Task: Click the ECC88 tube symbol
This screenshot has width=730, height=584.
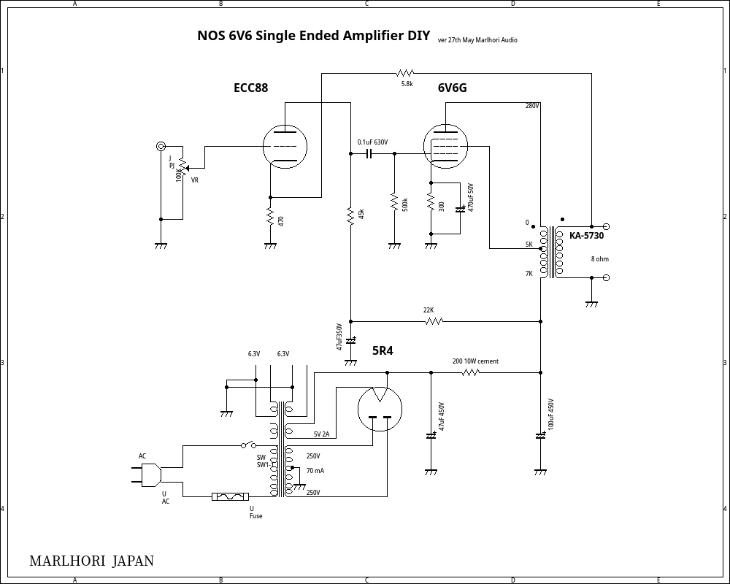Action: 285,147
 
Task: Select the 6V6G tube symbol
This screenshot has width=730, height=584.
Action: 445,147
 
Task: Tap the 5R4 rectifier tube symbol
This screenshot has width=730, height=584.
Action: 380,410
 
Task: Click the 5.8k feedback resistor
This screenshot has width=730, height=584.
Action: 405,73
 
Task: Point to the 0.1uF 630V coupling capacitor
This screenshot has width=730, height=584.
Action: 369,154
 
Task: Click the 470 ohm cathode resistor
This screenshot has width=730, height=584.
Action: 270,218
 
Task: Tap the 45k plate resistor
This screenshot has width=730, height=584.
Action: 350,215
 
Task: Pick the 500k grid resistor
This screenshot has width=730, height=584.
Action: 394,201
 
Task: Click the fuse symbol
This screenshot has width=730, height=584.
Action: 230,497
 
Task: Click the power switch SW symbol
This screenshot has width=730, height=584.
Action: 249,445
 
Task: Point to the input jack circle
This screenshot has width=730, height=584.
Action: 161,147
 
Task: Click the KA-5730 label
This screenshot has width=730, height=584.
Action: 586,236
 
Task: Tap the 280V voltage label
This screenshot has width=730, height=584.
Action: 532,106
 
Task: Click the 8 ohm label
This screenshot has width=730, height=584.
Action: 599,259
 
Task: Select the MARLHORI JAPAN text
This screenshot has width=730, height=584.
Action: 91,561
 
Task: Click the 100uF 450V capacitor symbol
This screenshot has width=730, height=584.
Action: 540,436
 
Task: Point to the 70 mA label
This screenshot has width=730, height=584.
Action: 315,471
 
